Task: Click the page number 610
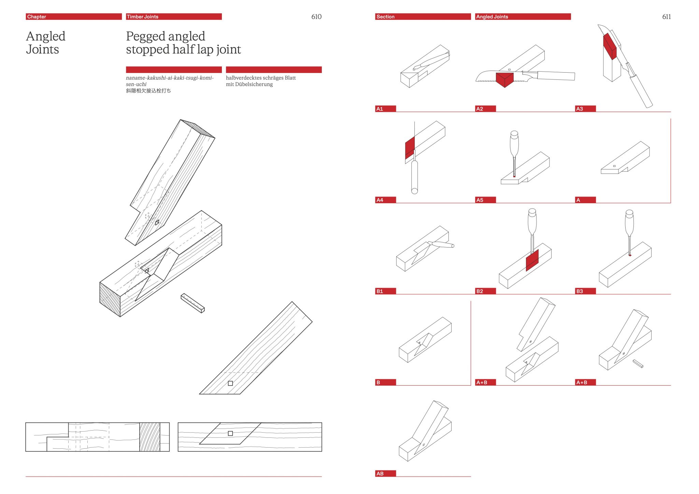coord(316,17)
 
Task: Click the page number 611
coord(666,17)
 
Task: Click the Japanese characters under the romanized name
coord(148,91)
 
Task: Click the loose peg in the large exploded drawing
coord(193,303)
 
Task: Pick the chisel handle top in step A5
coord(514,135)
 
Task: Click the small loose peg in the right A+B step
coord(638,363)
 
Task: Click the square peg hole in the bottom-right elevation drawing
coord(230,433)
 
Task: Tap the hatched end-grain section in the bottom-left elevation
coord(149,437)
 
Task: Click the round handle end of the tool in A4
coord(414,190)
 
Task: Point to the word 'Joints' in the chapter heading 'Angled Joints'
coord(42,50)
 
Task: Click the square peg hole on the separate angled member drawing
coord(230,383)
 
